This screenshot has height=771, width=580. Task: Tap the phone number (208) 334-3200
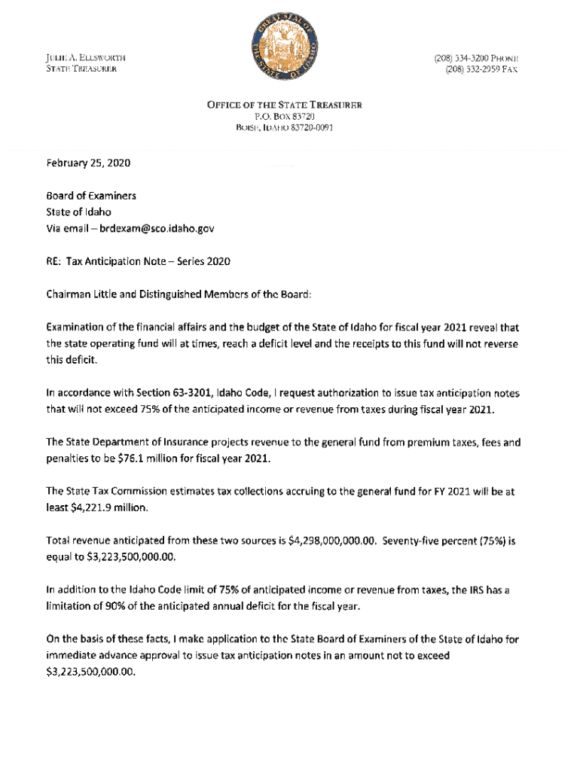[x=461, y=57]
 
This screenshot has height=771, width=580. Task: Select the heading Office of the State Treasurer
[x=285, y=105]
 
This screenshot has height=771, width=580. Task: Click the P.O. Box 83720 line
[x=284, y=117]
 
